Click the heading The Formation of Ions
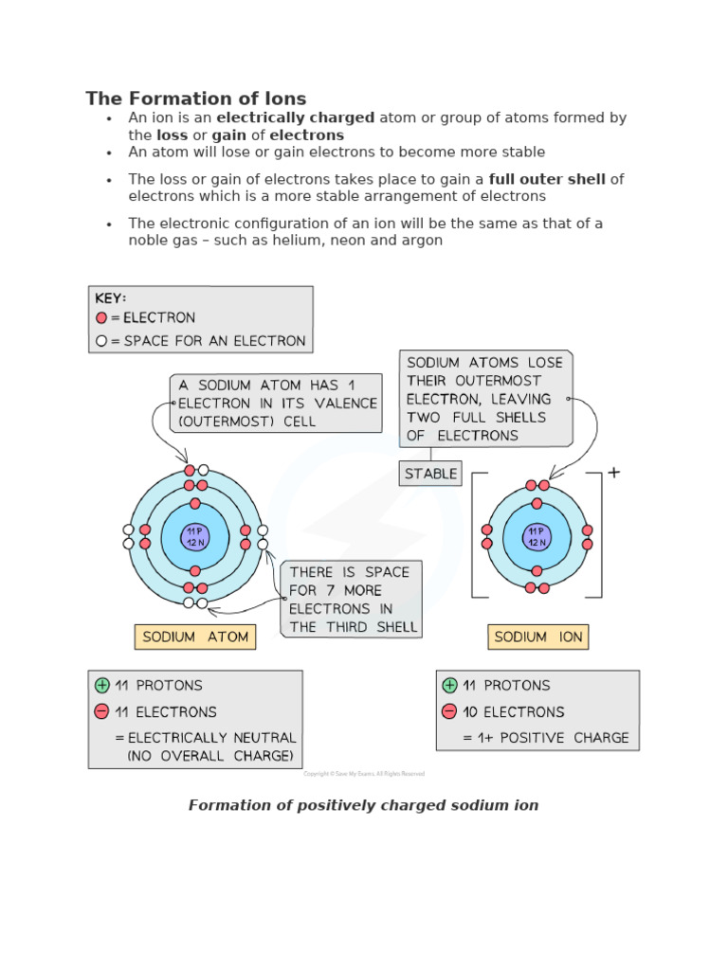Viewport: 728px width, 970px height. pos(195,99)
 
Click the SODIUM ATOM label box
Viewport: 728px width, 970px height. pos(195,637)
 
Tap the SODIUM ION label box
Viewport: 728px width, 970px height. pos(537,637)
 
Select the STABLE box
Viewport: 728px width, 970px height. pos(430,473)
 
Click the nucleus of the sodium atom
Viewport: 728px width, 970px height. pos(195,537)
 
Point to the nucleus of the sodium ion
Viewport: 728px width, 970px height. pos(537,537)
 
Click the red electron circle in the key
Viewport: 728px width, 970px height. pos(101,318)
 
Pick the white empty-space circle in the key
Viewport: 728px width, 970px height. pos(101,341)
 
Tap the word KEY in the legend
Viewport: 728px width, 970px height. pos(110,297)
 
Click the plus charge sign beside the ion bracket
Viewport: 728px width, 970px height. pos(614,472)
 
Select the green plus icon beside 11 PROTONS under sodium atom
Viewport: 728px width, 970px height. pos(101,685)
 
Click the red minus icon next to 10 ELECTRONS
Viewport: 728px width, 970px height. pos(449,711)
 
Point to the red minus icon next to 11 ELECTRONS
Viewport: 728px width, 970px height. pos(101,711)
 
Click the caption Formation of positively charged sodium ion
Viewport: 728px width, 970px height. pos(363,805)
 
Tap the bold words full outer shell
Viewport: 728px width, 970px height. pos(547,179)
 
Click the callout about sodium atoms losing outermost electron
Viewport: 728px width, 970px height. pos(484,399)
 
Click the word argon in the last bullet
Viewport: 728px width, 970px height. pos(421,241)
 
